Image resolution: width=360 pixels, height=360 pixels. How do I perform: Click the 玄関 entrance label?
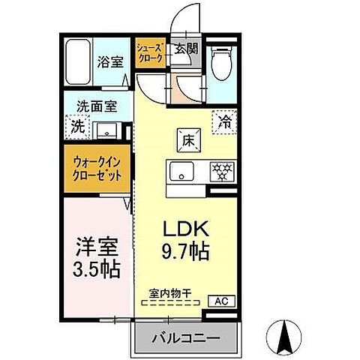tap(187, 50)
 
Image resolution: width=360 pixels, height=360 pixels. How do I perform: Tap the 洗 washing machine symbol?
tap(77, 127)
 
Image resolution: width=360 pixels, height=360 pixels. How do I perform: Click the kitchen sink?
tap(181, 171)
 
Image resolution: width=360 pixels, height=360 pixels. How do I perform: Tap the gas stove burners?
tap(221, 170)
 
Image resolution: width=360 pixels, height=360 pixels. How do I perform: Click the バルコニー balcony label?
tap(187, 339)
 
